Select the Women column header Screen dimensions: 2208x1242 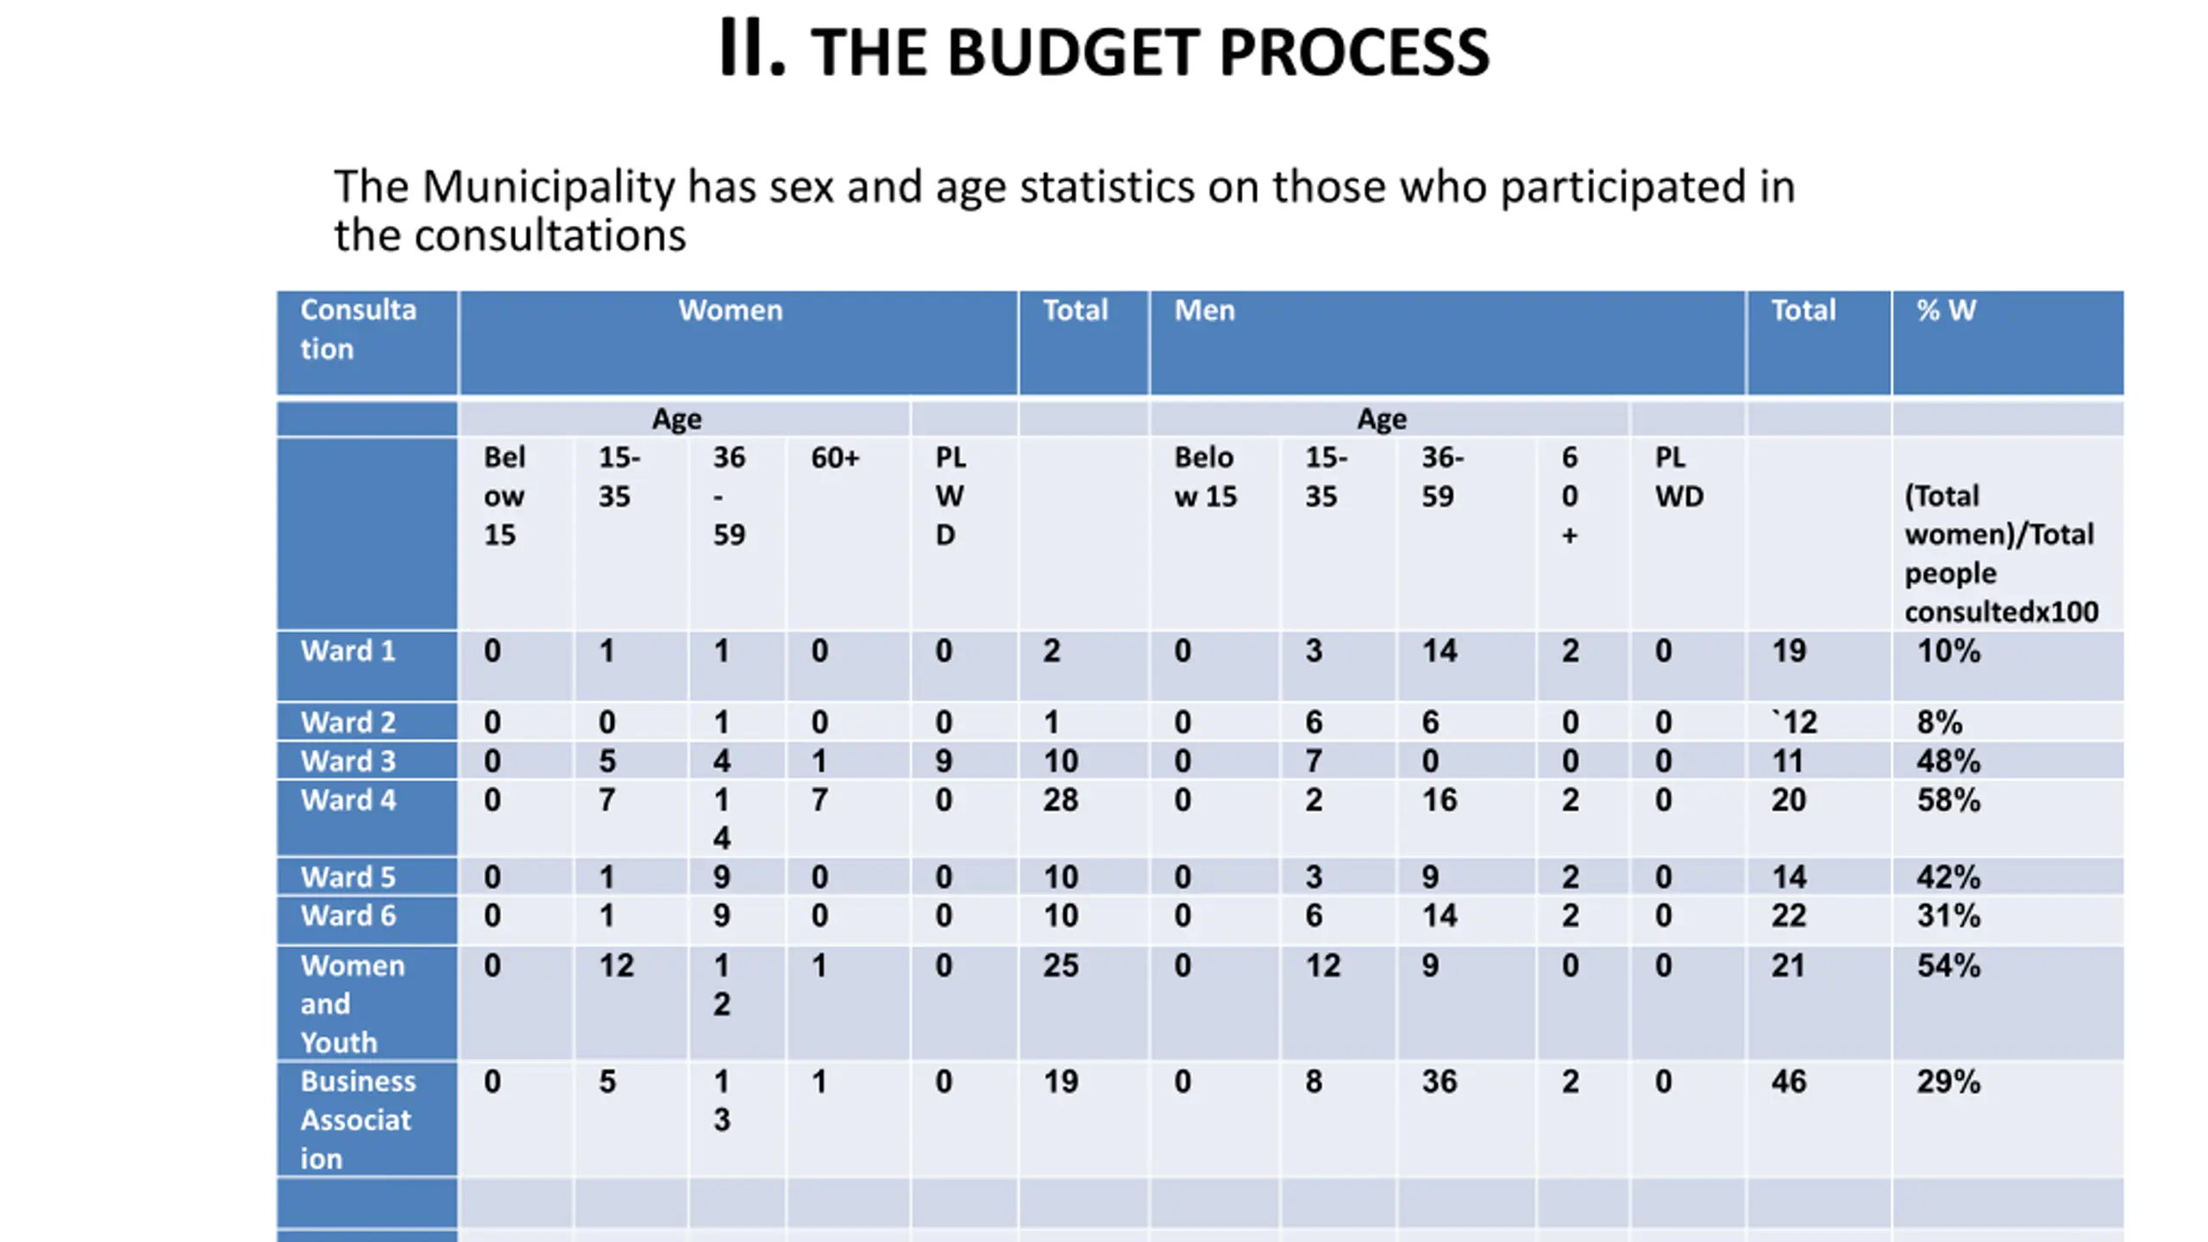click(731, 310)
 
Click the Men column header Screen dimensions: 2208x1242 click(1204, 310)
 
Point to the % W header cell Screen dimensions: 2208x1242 click(1946, 310)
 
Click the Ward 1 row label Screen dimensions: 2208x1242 click(348, 651)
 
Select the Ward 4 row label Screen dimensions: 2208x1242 click(348, 800)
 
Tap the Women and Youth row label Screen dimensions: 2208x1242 click(352, 1004)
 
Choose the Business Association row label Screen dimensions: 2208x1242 click(358, 1120)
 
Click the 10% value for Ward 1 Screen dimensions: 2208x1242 click(1948, 651)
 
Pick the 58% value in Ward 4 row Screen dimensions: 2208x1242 click(1948, 800)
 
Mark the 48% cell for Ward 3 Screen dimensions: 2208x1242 click(1948, 762)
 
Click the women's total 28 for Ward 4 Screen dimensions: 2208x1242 click(1061, 800)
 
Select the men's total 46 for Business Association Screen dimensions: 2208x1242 click(1789, 1082)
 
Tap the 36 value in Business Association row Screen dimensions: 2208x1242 click(1440, 1082)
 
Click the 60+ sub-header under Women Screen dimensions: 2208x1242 click(835, 458)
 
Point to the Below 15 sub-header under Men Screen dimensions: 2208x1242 click(1205, 477)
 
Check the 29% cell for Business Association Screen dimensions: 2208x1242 click(1948, 1082)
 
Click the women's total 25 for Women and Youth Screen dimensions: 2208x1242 click(1061, 966)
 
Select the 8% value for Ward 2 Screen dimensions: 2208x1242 click(1940, 722)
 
